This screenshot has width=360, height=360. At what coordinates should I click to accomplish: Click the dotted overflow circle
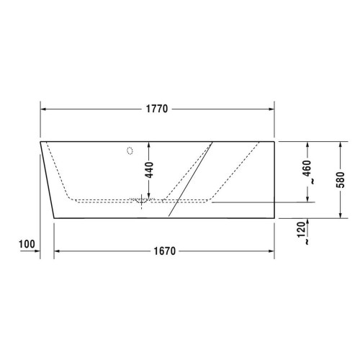pos(130,151)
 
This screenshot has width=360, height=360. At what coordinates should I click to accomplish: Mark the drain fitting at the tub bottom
pos(142,202)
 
